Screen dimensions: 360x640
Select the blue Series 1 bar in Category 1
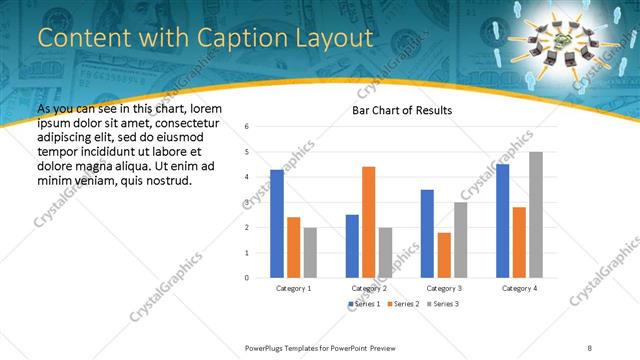[277, 223]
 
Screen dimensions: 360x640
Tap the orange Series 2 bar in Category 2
[368, 221]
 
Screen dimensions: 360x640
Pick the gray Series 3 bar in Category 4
[536, 214]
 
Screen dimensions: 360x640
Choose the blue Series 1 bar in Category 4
[502, 220]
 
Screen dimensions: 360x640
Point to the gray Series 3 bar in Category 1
[310, 252]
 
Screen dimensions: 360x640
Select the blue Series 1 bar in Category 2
[352, 245]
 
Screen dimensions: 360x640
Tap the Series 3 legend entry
[441, 303]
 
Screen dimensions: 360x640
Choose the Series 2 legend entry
[402, 303]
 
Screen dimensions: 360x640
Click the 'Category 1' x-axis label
[293, 288]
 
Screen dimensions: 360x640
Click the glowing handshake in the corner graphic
[568, 37]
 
